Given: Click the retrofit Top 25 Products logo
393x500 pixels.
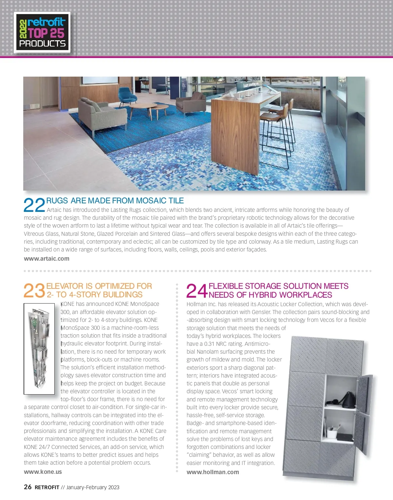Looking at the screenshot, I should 42,33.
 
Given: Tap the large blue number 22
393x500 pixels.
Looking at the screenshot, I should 34,205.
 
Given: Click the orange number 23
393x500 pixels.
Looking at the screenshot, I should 34,290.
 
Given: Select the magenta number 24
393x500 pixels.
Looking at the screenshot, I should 197,291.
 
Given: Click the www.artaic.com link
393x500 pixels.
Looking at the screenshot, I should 47,259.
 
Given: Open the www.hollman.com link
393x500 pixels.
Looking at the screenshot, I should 213,472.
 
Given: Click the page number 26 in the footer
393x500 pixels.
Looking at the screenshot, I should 28,487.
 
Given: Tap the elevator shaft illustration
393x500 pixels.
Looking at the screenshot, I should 39,348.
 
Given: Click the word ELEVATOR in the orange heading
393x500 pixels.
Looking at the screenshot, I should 65,286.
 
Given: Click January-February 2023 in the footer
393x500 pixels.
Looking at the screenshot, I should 93,487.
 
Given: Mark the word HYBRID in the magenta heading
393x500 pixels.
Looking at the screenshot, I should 263,295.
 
